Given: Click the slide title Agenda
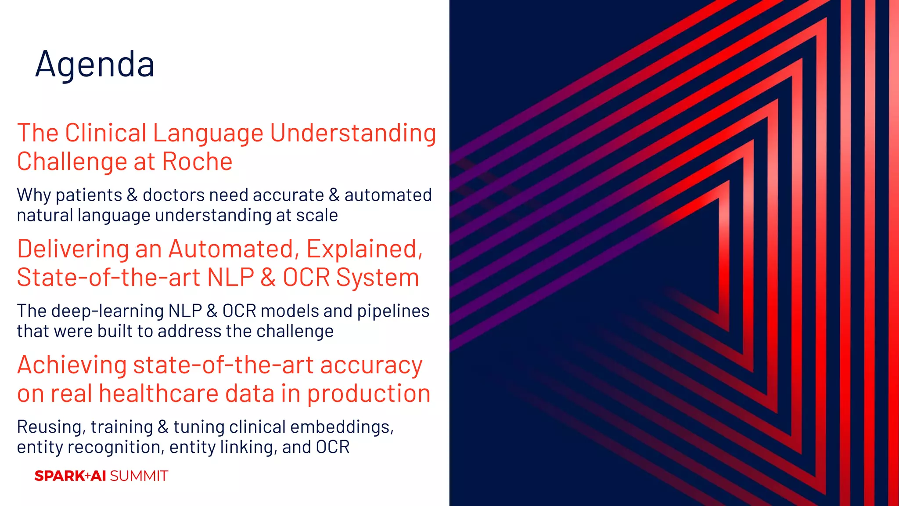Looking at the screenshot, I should coord(95,65).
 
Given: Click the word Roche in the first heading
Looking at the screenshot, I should coord(197,162).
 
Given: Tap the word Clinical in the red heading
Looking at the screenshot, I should coord(106,133).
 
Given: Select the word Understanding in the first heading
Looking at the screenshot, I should coord(353,133).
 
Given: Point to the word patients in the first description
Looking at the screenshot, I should coord(89,195).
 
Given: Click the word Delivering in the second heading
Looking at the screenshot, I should coord(73,249).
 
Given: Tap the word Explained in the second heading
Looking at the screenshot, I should coord(364,249).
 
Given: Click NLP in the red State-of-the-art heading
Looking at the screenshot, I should coord(230,278).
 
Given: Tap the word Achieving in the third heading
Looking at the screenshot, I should coord(72,365).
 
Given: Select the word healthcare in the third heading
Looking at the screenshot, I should coord(158,393).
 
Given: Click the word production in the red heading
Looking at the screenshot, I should coord(368,394).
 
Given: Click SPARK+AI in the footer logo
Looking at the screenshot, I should coord(70,476).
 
